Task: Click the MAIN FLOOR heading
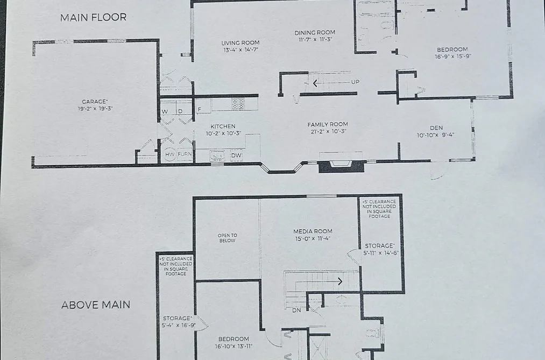pos(93,17)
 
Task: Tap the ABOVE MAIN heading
pos(96,305)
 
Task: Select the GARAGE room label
pos(95,102)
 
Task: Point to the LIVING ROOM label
pos(240,43)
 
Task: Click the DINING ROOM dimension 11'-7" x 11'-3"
pos(315,40)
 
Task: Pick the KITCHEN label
pos(223,126)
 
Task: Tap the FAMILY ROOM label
pos(328,124)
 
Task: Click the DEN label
pos(436,128)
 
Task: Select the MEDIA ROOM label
pos(313,231)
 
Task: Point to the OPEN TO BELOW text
pos(228,238)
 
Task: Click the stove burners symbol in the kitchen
pos(238,104)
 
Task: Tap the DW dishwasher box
pos(236,156)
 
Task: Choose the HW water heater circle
pos(170,154)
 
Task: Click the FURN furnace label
pos(185,154)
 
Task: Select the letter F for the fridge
pos(200,109)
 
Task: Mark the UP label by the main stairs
pos(355,82)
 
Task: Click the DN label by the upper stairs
pos(296,310)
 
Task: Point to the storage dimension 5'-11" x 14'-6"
pos(381,253)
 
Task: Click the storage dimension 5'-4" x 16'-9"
pos(179,325)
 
